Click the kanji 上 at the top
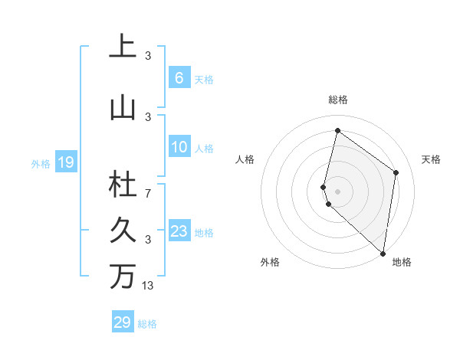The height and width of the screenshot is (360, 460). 123,47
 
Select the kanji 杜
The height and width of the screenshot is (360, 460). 123,185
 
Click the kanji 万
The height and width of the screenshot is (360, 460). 123,277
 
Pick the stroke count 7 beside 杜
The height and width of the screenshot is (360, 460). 148,193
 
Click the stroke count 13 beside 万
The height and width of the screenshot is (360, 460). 149,286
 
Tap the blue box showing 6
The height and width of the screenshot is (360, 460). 179,78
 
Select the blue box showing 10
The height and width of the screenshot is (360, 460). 179,147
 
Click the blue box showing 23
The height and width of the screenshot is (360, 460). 179,231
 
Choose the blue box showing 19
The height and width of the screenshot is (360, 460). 65,162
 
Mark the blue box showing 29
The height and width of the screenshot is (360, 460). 122,322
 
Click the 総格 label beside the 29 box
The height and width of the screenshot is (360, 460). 147,324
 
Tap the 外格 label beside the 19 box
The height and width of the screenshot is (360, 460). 40,163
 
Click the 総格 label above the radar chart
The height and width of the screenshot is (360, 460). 338,100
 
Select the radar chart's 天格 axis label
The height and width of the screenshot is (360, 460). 431,159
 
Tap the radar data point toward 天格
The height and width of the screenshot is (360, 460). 396,172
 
